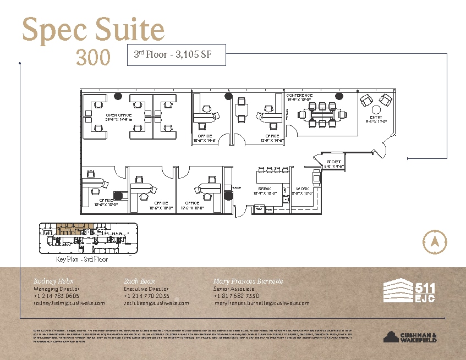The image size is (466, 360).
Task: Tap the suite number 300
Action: point(93,57)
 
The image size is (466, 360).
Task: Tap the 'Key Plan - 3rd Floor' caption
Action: point(82,259)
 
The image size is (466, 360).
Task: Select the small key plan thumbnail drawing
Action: point(87,237)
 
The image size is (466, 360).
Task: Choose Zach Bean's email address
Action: point(156,303)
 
